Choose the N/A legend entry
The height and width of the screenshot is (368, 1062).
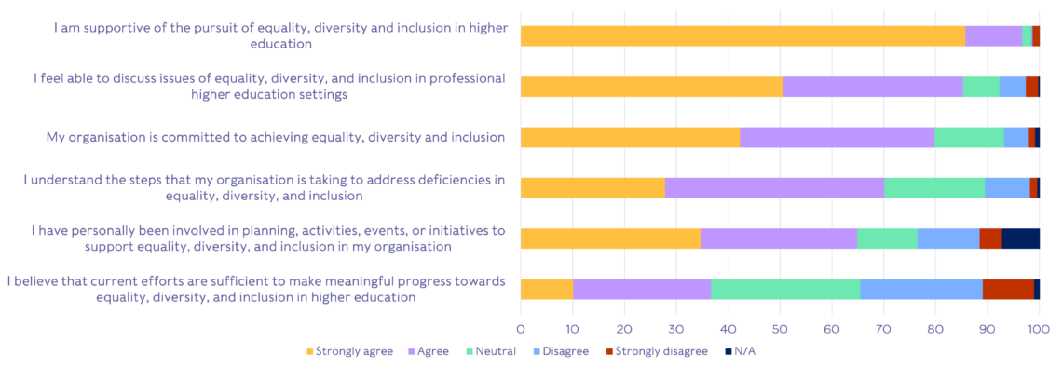click(x=739, y=351)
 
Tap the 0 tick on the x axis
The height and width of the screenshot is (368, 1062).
click(x=521, y=328)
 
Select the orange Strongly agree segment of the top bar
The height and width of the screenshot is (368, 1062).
click(x=742, y=36)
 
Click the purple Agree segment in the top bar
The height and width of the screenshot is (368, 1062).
click(x=993, y=36)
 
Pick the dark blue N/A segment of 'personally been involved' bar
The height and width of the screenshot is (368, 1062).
click(x=1020, y=238)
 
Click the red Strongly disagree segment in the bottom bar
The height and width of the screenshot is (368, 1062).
click(x=1008, y=289)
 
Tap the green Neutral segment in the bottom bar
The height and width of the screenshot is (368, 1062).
click(x=785, y=289)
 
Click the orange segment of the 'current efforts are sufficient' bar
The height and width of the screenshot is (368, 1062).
click(x=547, y=289)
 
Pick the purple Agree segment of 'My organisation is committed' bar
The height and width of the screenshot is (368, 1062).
click(x=837, y=137)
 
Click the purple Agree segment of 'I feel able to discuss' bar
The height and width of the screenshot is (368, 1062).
click(x=873, y=87)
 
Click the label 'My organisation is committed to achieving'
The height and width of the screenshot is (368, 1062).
click(x=276, y=138)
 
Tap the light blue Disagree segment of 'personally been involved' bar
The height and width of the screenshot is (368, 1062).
click(x=948, y=238)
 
